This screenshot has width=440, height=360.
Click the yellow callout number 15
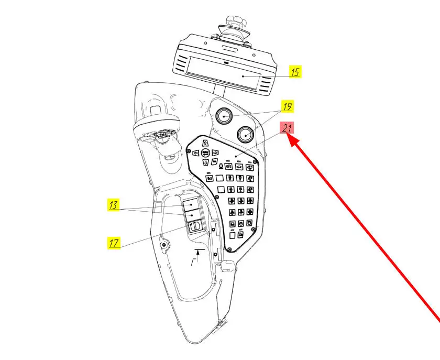pyautogui.click(x=295, y=72)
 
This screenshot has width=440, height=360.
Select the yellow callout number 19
pyautogui.click(x=287, y=106)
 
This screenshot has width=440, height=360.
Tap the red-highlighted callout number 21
pyautogui.click(x=287, y=128)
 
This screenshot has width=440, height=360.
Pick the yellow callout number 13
pyautogui.click(x=114, y=205)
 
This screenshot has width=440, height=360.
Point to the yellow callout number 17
pyautogui.click(x=114, y=243)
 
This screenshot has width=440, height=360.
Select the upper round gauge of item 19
pyautogui.click(x=224, y=116)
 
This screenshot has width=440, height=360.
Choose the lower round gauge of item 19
pyautogui.click(x=245, y=135)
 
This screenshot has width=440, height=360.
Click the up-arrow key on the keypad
pyautogui.click(x=205, y=143)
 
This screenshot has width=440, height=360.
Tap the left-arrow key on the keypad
pyautogui.click(x=195, y=153)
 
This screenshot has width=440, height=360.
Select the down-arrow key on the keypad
pyautogui.click(x=205, y=163)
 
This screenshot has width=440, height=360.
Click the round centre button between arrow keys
pyautogui.click(x=205, y=153)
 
